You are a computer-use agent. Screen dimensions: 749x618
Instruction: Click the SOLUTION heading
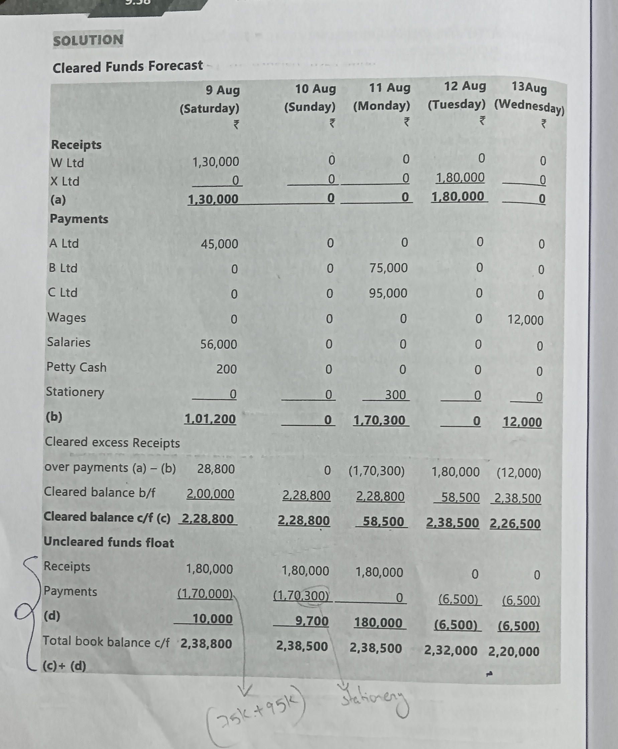(x=88, y=40)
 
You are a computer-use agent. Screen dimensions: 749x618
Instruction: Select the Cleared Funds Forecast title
(x=127, y=67)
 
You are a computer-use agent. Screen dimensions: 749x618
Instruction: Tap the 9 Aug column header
(x=223, y=90)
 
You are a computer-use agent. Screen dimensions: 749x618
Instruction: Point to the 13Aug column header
(x=529, y=87)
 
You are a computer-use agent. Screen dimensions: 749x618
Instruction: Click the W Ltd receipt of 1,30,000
(x=216, y=162)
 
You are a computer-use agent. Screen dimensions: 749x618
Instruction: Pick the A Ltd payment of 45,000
(x=219, y=244)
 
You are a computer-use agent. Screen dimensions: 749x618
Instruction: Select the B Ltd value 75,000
(x=388, y=268)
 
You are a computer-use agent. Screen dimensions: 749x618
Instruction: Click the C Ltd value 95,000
(x=388, y=293)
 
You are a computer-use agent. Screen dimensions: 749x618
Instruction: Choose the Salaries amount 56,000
(x=219, y=344)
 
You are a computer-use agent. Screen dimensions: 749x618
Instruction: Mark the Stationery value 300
(x=395, y=395)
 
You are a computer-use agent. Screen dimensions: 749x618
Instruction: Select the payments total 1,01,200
(x=210, y=419)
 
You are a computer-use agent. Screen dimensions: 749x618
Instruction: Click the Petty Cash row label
(x=77, y=367)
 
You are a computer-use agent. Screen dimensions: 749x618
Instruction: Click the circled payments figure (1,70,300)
(x=301, y=596)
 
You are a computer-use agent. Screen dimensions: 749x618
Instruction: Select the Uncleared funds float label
(x=109, y=542)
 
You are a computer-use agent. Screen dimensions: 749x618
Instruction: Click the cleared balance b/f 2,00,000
(x=210, y=494)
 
